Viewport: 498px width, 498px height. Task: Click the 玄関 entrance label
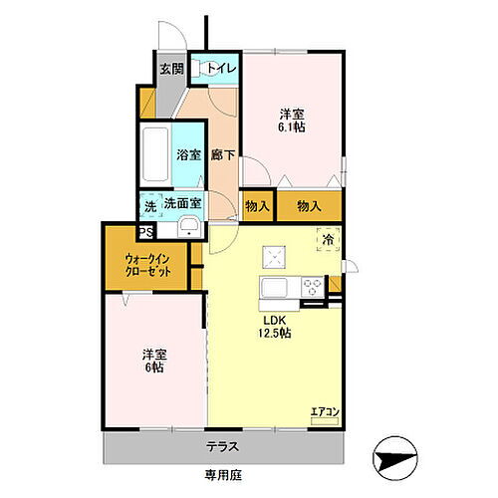click(171, 69)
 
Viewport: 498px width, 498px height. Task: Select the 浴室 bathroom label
click(189, 155)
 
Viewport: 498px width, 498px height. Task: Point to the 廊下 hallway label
click(223, 155)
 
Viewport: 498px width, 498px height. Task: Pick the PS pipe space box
click(146, 231)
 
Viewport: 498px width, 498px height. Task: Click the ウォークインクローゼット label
click(147, 267)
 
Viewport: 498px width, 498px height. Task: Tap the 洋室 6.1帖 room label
click(293, 121)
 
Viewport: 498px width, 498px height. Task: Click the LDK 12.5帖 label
click(276, 327)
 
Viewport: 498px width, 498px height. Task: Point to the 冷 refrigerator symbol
click(328, 240)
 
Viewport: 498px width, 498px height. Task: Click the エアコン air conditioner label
click(325, 409)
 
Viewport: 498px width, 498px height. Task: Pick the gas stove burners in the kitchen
click(312, 287)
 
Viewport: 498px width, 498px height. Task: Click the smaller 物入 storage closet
click(256, 205)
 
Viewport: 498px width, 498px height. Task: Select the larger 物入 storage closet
click(309, 205)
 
